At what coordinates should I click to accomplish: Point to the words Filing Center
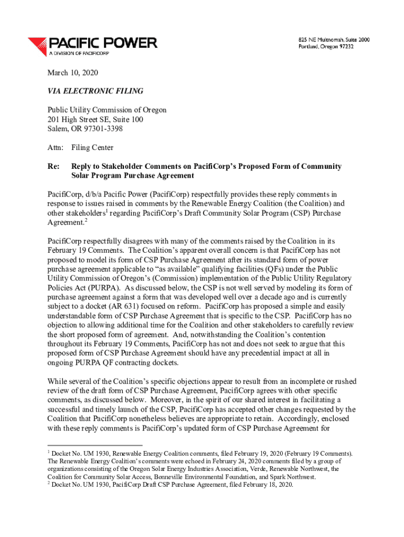[x=92, y=148]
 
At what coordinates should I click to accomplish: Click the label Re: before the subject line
[x=53, y=166]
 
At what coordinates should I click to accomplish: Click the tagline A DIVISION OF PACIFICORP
[x=79, y=53]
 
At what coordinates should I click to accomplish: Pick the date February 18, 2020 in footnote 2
[x=265, y=485]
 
